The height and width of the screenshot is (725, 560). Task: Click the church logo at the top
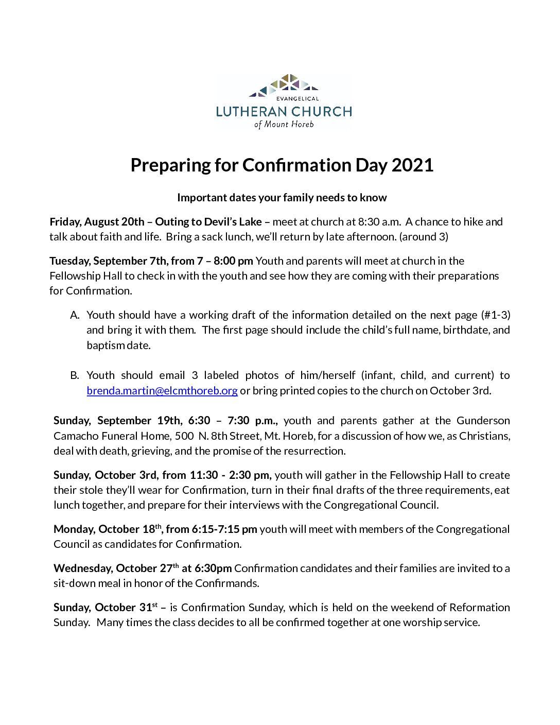click(x=284, y=101)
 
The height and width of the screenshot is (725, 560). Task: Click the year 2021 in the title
click(x=412, y=165)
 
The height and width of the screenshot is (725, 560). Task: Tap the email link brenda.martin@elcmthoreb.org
click(x=162, y=391)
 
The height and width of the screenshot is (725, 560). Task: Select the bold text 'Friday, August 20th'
click(x=97, y=222)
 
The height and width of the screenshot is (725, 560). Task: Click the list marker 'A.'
click(x=75, y=315)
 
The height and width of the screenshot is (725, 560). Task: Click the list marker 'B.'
click(x=75, y=375)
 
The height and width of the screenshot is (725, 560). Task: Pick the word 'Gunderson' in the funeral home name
click(x=483, y=421)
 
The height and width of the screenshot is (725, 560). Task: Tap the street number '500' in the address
click(x=184, y=436)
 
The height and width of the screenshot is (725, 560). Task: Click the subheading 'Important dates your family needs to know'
click(x=282, y=198)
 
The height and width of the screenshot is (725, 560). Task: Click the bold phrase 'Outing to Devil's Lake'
click(x=208, y=222)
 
